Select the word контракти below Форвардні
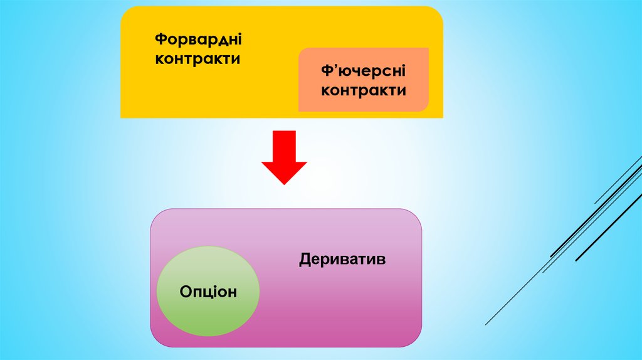198,59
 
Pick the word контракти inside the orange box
364,90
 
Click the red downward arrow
284,157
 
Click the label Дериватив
342,258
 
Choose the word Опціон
208,292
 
